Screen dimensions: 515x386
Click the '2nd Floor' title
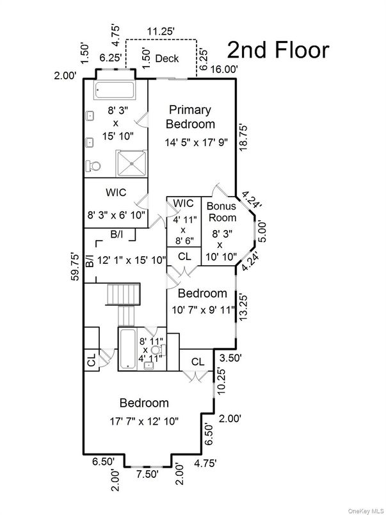(278, 49)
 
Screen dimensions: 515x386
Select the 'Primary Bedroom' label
(191, 117)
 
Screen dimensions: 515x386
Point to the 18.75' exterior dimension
(243, 136)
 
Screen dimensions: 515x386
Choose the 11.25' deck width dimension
(163, 30)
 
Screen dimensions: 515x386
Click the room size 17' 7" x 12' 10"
(144, 421)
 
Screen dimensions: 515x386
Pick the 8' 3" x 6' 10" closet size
(117, 215)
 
